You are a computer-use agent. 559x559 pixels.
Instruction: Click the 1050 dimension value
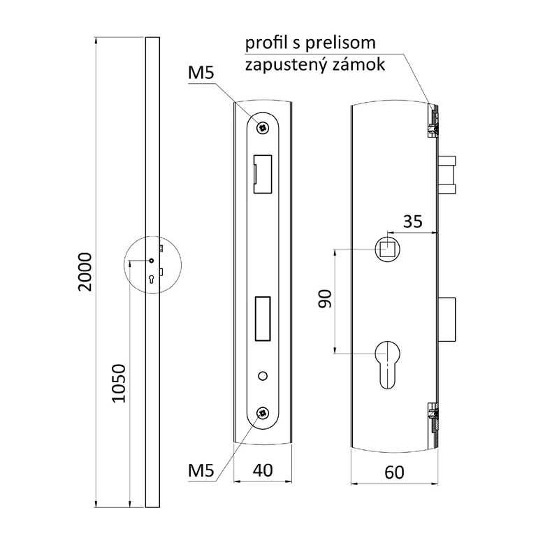point(119,384)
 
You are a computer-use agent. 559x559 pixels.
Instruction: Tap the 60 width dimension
point(395,472)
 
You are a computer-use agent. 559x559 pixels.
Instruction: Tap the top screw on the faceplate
point(263,126)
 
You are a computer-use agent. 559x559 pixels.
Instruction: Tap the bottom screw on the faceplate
point(263,414)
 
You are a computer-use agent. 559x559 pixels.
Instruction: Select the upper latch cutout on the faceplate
point(263,173)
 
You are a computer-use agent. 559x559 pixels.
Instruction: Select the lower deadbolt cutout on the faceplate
point(263,319)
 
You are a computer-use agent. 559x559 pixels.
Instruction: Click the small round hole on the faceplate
point(263,377)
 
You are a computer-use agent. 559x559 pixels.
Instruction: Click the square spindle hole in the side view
point(386,249)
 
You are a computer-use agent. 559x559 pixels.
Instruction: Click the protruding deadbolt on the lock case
point(449,319)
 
